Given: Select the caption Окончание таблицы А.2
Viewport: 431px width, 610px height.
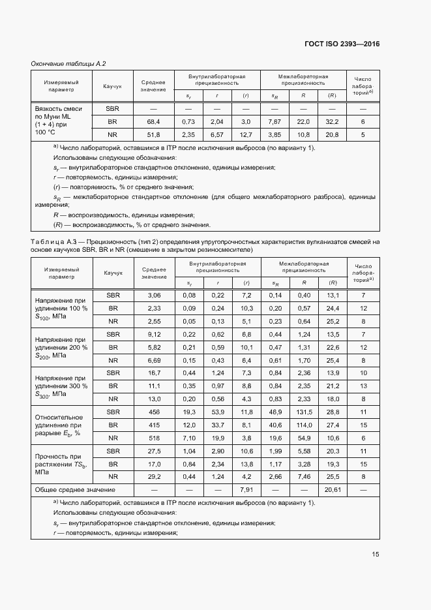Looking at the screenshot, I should point(68,63).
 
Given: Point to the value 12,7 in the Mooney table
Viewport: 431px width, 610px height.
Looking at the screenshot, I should point(246,135).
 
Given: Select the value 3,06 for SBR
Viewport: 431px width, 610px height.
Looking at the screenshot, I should point(154,296).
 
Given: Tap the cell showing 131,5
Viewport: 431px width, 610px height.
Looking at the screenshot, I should point(303,412).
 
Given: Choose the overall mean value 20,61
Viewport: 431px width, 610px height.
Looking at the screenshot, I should point(333,489).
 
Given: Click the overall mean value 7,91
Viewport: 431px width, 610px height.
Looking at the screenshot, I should point(246,489).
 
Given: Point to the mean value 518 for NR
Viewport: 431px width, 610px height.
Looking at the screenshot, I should point(154,438).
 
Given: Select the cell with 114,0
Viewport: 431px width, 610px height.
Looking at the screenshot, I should point(303,425).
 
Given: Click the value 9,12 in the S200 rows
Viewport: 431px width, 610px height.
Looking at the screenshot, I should point(154,335).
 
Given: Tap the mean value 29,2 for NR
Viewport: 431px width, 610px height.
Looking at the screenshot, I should point(154,477).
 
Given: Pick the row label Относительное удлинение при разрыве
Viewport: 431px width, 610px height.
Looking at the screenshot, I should point(60,425).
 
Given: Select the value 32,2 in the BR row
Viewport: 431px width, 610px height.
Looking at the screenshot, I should point(333,122).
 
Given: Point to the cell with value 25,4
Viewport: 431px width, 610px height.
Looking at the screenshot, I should point(333,360).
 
